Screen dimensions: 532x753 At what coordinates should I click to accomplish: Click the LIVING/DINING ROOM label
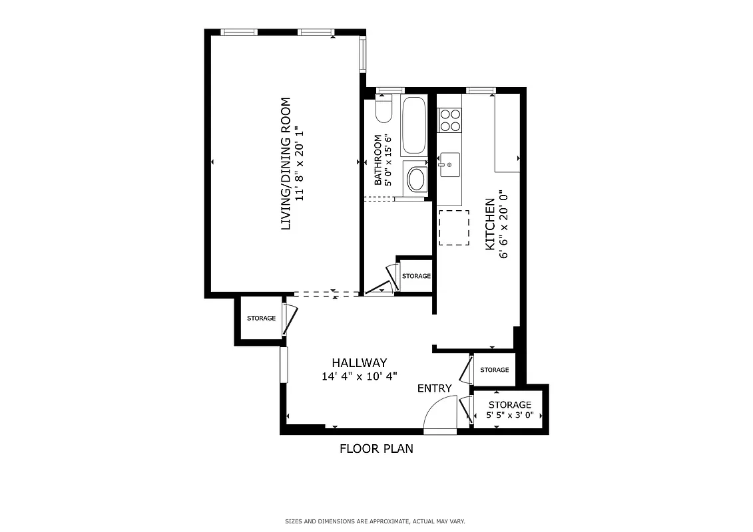point(286,164)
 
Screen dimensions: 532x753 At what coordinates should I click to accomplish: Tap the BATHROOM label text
point(377,160)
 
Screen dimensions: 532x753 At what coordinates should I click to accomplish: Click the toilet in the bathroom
point(383,110)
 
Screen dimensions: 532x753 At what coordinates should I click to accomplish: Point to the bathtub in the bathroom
point(413,126)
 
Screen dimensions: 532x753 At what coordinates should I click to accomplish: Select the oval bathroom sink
point(417,179)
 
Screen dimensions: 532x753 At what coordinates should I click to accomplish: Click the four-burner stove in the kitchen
point(450,120)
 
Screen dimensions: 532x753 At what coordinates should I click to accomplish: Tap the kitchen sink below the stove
point(449,165)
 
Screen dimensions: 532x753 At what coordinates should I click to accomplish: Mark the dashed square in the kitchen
point(454,228)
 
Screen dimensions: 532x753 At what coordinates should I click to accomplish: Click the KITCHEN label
point(490,223)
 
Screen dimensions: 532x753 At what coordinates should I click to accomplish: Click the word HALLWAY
point(359,363)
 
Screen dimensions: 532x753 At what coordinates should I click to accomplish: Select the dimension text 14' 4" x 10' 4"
point(359,376)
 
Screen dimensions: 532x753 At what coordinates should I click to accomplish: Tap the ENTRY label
point(434,388)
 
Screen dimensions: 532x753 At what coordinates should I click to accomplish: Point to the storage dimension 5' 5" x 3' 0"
point(510,415)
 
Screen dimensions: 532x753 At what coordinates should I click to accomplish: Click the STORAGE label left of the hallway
point(261,319)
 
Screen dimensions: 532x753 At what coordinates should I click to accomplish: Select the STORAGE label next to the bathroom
point(416,276)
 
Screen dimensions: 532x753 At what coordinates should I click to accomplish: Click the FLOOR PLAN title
point(376,448)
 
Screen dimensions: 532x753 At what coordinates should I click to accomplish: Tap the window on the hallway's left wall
point(284,364)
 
